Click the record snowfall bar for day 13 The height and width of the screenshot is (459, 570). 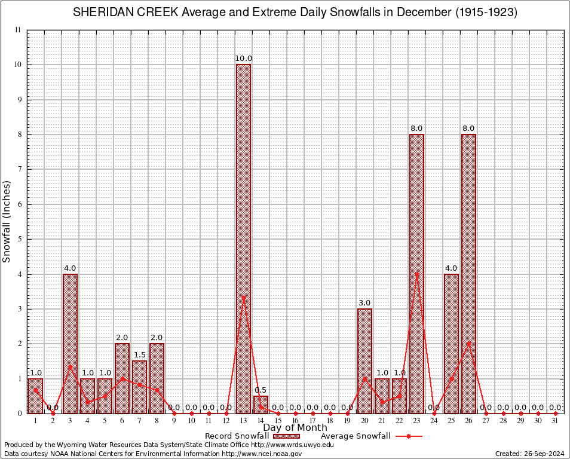(x=243, y=239)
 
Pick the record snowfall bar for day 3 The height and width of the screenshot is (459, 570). (x=70, y=344)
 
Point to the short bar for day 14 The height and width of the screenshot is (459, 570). (x=261, y=405)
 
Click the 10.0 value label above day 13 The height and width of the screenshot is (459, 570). (x=243, y=59)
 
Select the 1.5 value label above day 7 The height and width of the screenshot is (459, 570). (x=139, y=355)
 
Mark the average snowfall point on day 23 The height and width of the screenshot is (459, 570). (x=416, y=274)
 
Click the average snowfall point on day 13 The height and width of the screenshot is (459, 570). (x=243, y=297)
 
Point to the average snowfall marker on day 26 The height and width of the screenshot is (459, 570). (x=468, y=344)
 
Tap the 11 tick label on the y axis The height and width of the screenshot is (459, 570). (x=17, y=30)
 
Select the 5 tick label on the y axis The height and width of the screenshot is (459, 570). (x=19, y=239)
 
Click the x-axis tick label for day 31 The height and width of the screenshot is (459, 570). (x=555, y=421)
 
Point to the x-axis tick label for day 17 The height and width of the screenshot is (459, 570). (x=312, y=421)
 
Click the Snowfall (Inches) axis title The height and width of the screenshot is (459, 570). (x=7, y=221)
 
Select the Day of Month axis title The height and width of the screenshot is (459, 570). (x=295, y=428)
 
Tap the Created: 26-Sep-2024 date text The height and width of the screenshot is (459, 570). (x=529, y=454)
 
